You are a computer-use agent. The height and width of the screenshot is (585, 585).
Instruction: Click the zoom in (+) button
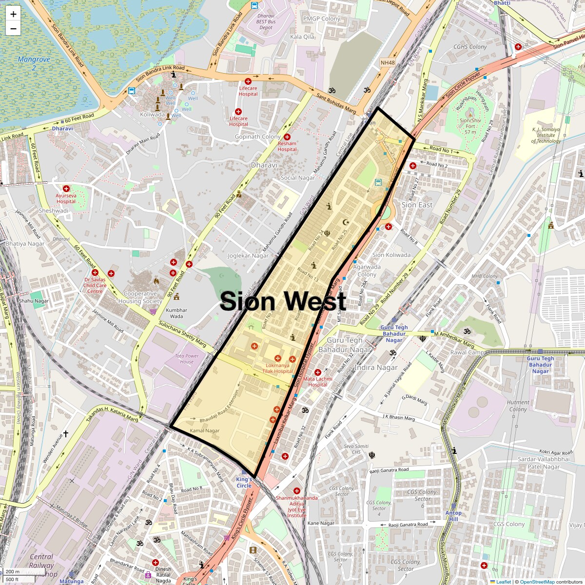[13, 14]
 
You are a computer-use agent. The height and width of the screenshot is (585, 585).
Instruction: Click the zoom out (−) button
[13, 29]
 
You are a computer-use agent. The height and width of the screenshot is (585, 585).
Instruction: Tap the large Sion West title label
[283, 301]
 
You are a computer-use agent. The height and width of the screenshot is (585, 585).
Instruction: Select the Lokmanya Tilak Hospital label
[277, 368]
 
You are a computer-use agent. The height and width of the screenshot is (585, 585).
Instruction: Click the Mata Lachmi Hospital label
[317, 382]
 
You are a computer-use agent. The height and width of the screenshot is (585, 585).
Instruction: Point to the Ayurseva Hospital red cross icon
[66, 188]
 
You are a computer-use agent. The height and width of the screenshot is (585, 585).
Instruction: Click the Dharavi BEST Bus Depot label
[266, 21]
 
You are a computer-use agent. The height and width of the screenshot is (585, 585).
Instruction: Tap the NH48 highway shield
[388, 63]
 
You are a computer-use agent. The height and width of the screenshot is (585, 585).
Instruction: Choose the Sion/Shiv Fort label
[470, 126]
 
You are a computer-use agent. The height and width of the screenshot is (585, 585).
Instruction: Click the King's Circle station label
[244, 483]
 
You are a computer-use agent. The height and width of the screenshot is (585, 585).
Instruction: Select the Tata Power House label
[187, 359]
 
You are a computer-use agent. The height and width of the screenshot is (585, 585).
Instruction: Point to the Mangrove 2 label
[34, 63]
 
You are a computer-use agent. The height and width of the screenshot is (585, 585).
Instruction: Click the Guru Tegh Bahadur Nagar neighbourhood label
[345, 345]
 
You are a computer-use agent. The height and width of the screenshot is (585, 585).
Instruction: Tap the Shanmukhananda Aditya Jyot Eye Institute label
[296, 507]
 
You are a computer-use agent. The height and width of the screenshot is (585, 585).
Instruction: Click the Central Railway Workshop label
[41, 565]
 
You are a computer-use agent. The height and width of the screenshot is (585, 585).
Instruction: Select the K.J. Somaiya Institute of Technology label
[546, 135]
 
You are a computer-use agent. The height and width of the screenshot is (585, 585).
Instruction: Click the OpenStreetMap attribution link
[537, 582]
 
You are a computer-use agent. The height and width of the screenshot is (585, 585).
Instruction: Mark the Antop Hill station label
[453, 516]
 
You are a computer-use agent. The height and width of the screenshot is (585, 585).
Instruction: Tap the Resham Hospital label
[287, 146]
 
